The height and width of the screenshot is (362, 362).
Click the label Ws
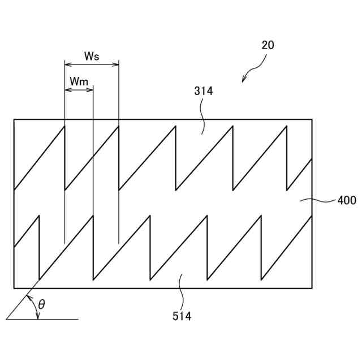coord(92,56)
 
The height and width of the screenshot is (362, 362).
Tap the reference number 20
coord(268,45)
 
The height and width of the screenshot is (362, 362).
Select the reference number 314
coord(204,90)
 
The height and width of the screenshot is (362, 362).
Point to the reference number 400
coord(346,200)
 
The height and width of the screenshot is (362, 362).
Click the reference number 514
coord(182,316)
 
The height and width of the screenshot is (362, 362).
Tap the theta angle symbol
coord(42,305)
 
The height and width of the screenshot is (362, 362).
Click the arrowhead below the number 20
coord(244,80)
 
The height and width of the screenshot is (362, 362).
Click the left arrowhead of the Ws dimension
coord(67,64)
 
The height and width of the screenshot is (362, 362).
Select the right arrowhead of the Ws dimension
coord(116,64)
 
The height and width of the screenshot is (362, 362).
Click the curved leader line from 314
coord(203,116)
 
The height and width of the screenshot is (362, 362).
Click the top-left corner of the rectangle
coord(14,119)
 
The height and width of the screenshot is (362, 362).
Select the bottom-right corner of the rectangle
coord(312,288)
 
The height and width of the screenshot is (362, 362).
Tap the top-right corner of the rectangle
coord(312,119)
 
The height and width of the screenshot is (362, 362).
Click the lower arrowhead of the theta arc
coord(38,317)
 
